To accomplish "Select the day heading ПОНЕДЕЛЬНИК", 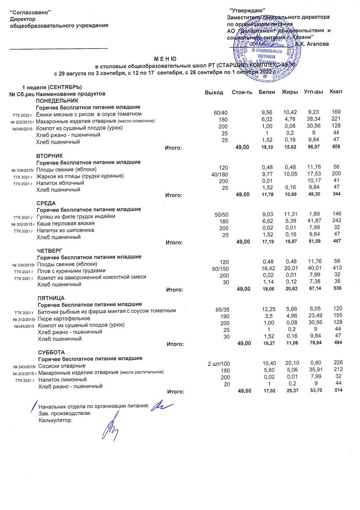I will coord(57,101).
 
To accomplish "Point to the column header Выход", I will coord(214,93).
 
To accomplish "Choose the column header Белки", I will coord(267,92).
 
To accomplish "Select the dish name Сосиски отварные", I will coord(62,366).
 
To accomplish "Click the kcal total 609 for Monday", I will coord(337,147).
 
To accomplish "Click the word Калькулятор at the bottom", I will coord(55,420).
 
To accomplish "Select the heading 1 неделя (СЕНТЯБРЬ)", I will coord(55,87).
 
